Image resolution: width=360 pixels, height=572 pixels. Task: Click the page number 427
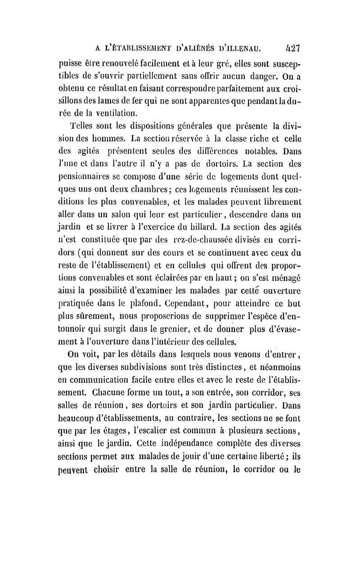point(292,47)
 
